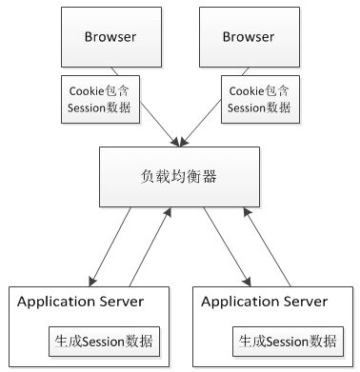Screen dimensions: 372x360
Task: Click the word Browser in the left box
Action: (109, 37)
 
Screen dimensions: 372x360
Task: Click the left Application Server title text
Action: (80, 302)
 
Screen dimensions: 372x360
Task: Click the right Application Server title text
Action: (265, 302)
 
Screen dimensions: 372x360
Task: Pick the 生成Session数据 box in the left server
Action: (104, 341)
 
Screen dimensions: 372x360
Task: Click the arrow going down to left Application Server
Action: (111, 247)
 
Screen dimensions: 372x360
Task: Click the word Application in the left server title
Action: (55, 302)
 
